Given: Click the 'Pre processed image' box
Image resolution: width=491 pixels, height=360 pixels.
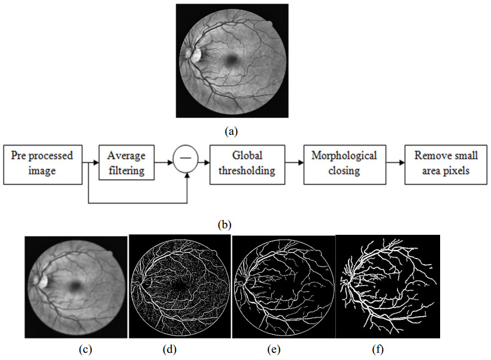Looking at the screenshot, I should click(x=42, y=163).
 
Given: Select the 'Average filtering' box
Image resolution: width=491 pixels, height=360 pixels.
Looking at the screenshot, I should click(x=126, y=163).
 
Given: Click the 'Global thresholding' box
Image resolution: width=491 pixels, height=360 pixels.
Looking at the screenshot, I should click(x=246, y=163).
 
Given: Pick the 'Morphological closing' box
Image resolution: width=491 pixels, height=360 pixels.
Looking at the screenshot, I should click(x=344, y=163).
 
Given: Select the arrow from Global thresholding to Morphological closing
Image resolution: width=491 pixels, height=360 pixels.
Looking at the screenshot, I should click(x=293, y=162).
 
